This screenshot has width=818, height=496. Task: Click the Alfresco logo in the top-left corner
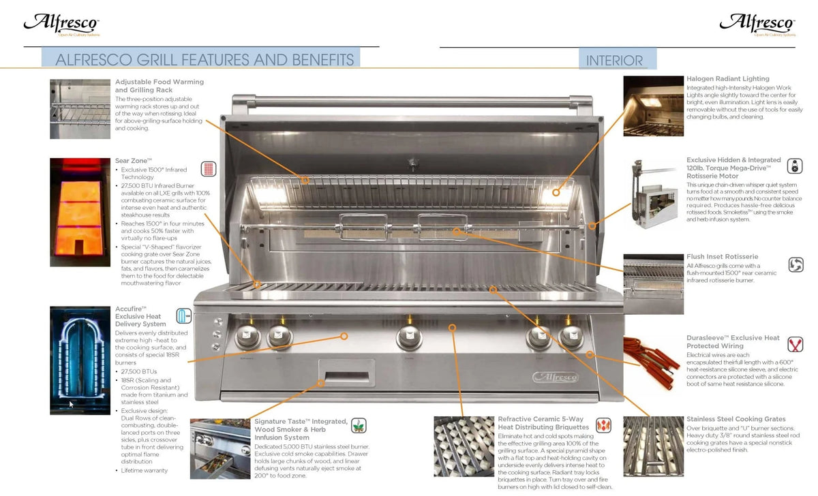61,24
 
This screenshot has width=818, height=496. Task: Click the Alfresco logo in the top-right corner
757,24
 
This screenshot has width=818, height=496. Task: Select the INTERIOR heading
614,61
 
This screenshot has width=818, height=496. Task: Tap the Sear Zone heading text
133,161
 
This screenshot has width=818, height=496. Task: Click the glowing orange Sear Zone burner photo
80,212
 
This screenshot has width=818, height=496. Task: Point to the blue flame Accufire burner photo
80,360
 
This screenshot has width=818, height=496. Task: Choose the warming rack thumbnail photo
80,109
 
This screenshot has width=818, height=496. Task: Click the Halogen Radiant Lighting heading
727,79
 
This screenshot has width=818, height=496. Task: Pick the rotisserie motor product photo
653,194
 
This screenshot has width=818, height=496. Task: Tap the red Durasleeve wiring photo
653,361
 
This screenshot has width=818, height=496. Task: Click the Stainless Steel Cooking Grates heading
736,419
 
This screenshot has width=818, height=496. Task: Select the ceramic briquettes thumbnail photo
464,446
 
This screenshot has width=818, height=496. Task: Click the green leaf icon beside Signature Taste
359,426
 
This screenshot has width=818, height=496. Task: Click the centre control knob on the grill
409,336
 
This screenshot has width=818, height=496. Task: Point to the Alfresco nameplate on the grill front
555,377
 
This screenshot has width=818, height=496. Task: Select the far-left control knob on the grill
247,336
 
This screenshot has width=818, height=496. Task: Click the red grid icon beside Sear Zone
209,169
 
